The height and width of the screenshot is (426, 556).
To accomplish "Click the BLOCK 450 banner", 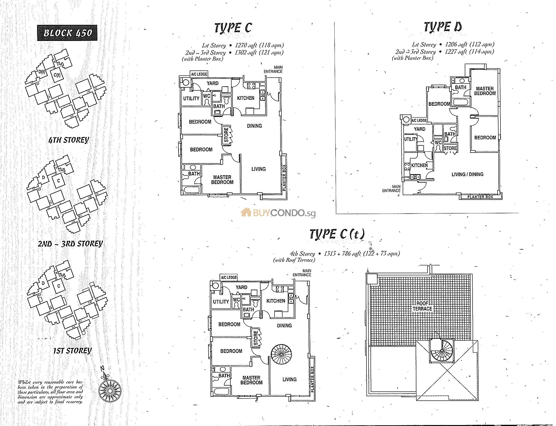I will coord(67,33).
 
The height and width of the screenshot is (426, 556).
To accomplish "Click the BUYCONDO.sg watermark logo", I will coord(278,213).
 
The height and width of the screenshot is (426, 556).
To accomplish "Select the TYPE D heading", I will coord(443,27).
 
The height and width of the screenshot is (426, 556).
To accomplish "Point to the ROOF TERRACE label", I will coord(422,306).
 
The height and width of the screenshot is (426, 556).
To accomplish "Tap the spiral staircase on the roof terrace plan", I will coord(441,351).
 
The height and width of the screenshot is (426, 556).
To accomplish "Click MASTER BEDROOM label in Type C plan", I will coord(222,180).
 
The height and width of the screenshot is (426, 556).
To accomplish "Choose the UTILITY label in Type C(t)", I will coord(221,302).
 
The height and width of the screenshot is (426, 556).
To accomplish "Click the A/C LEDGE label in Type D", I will coord(419,120).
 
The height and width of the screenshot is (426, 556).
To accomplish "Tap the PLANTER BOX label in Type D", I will coord(480,197).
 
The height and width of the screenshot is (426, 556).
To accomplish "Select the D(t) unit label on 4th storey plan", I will coord(42,72).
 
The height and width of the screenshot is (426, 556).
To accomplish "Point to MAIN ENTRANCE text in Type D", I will coord(392,189).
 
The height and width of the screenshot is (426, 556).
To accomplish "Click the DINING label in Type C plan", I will coord(254,126).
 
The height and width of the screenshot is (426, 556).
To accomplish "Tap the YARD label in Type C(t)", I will coord(241,287).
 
